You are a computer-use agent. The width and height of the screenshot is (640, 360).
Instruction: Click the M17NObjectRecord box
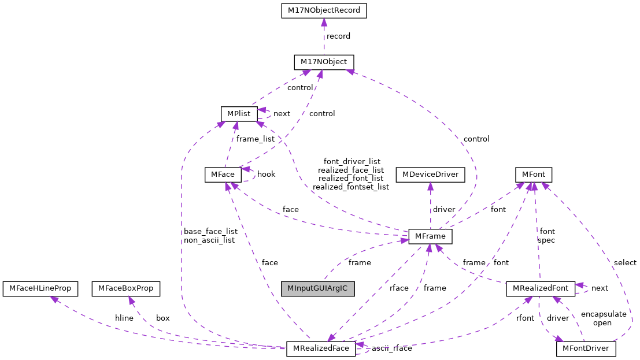[324, 10]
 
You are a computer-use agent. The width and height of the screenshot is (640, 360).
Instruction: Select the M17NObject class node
[324, 62]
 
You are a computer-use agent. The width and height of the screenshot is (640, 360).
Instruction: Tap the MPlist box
[239, 113]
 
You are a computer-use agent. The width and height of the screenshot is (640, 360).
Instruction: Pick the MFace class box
[223, 175]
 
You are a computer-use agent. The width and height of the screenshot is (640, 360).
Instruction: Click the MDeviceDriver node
[430, 175]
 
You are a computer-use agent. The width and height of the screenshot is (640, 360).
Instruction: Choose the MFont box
[534, 175]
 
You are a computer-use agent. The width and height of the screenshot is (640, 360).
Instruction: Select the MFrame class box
[430, 236]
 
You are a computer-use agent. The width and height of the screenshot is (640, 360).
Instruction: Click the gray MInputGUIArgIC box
[317, 288]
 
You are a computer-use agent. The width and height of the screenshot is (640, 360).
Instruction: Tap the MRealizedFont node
[540, 288]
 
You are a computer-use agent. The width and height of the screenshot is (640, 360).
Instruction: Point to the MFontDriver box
[586, 349]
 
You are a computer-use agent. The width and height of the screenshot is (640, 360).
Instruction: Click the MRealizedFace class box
[321, 349]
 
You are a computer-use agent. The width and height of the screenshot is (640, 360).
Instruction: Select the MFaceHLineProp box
[40, 288]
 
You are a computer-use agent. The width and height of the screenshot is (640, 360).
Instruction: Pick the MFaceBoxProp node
[126, 288]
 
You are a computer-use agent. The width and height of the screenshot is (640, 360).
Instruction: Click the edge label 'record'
[338, 36]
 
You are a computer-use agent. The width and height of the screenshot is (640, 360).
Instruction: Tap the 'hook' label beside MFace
[266, 174]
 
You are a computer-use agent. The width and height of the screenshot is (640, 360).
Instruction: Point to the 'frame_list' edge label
[255, 139]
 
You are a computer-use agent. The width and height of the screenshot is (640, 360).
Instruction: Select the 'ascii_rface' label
[391, 348]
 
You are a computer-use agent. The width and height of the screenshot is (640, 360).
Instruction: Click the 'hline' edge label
[124, 318]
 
